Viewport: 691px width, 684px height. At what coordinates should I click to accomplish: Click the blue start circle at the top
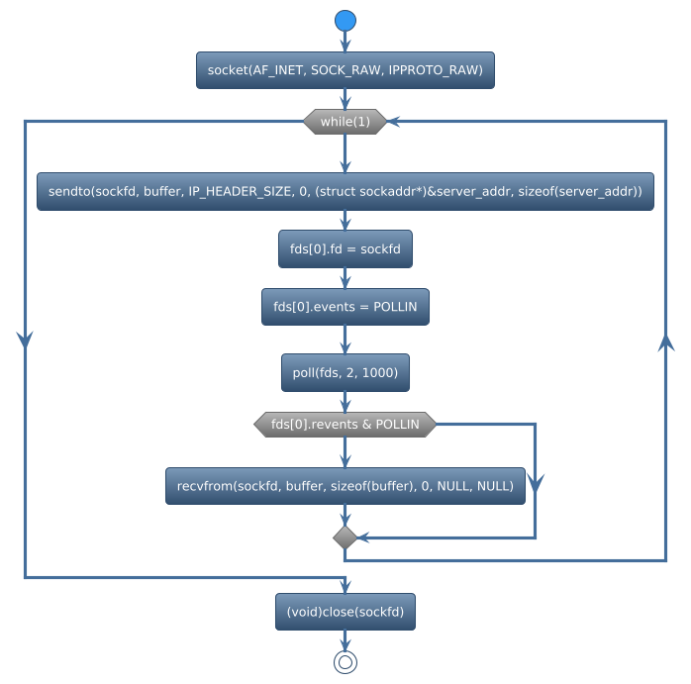pos(345,21)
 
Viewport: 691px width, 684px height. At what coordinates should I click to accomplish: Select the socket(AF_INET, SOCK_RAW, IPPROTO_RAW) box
pos(345,70)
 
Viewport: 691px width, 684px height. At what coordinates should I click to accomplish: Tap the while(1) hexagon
pos(345,121)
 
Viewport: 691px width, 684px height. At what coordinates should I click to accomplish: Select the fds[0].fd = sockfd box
pos(345,249)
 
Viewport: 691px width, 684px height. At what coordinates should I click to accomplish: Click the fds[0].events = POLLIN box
pos(345,308)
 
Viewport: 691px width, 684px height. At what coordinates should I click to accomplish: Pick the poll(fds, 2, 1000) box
pos(345,372)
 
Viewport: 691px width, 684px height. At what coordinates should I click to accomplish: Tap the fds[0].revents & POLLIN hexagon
pos(345,425)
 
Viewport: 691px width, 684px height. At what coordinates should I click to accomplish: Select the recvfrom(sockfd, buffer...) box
pos(345,486)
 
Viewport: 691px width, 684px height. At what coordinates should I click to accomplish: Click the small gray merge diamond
pos(345,537)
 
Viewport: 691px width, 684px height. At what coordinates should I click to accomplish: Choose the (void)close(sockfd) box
pos(345,612)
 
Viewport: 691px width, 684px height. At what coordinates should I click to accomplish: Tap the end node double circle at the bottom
pos(345,662)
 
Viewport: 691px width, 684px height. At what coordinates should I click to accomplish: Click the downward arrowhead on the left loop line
pos(25,337)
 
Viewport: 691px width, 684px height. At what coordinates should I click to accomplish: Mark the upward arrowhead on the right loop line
pos(666,342)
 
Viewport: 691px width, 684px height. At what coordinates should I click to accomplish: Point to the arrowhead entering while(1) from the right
pos(394,121)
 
